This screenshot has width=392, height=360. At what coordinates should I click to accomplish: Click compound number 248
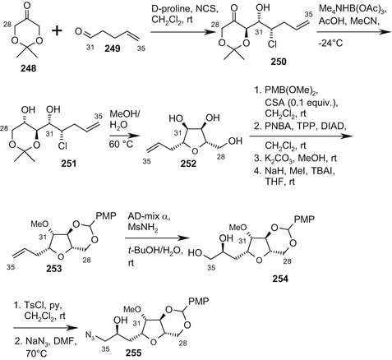click(31, 85)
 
